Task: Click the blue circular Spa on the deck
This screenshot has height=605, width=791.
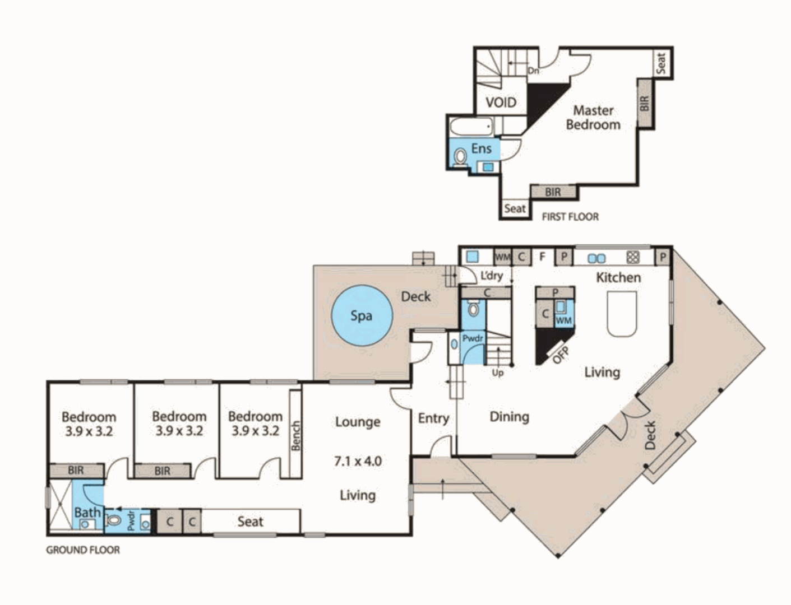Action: (361, 315)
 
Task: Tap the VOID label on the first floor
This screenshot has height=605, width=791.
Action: (501, 103)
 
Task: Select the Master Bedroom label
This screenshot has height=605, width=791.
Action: (593, 118)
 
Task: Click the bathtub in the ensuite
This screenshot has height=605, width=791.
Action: (471, 127)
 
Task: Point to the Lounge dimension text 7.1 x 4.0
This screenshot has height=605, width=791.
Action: (358, 461)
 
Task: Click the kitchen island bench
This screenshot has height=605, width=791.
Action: (622, 314)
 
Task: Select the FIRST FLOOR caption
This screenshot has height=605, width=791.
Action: (570, 217)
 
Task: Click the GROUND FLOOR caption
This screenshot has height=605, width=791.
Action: (83, 550)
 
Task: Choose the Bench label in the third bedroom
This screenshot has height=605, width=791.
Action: (295, 435)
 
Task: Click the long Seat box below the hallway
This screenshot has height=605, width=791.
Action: (250, 522)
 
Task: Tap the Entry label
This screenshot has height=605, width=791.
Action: (433, 418)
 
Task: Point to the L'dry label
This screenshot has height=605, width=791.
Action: (492, 276)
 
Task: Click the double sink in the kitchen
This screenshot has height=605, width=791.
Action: (596, 258)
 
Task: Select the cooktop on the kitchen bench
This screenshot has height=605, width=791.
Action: (633, 257)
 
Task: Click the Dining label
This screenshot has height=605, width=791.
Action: (509, 416)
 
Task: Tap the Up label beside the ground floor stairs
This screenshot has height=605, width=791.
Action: (497, 373)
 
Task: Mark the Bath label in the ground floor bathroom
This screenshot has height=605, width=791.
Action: (87, 512)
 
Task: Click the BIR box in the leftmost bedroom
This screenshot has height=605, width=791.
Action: (76, 471)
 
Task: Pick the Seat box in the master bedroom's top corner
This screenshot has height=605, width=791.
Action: (662, 63)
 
